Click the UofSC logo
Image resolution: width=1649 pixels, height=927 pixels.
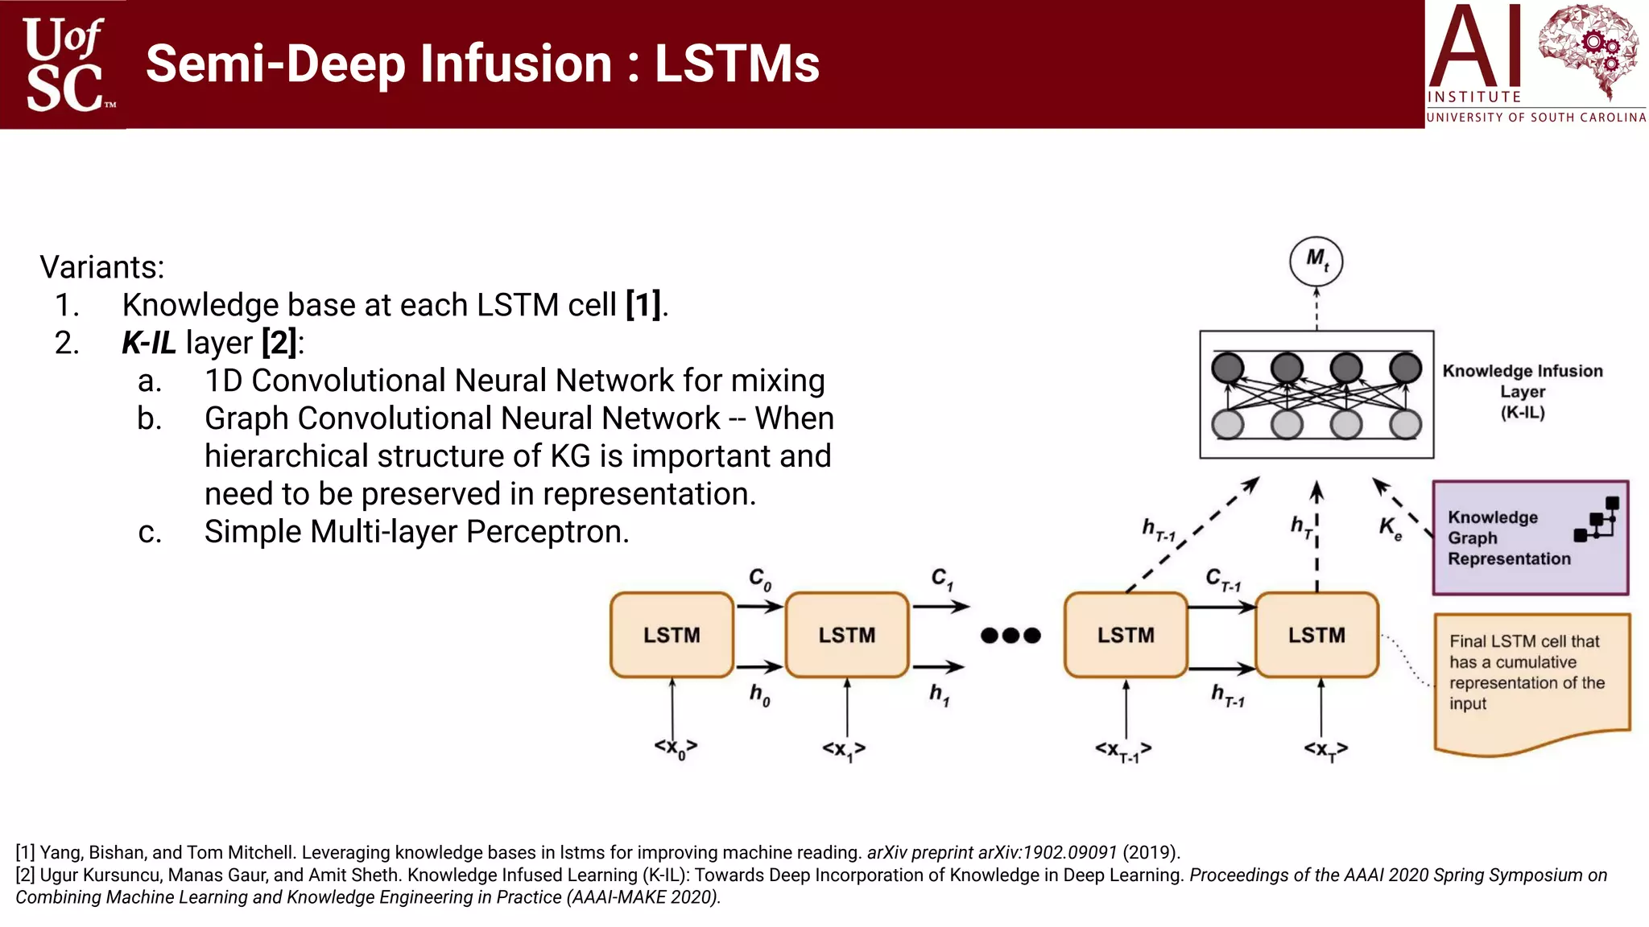[64, 64]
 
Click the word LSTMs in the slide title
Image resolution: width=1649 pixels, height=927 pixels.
[736, 64]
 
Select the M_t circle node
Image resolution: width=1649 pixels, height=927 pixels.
[1316, 261]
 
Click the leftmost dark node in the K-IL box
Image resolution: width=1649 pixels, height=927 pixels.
[1228, 368]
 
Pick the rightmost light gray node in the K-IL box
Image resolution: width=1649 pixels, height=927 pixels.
[1405, 424]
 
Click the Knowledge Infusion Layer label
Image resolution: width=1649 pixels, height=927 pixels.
[1522, 391]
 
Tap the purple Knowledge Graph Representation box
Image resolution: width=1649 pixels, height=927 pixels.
[1529, 538]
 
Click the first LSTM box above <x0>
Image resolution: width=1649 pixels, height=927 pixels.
[672, 635]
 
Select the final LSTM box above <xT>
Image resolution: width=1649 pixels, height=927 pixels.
[1316, 635]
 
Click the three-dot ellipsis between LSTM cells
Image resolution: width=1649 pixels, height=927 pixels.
[1010, 636]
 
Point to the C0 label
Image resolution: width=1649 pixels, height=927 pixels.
[759, 579]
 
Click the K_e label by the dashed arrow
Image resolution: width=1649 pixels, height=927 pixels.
[1390, 528]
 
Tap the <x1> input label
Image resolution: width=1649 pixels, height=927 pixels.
[843, 750]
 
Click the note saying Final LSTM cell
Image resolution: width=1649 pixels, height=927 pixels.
[1527, 673]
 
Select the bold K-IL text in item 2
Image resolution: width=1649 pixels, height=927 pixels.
[149, 343]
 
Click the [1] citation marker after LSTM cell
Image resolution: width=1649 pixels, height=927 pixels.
[644, 305]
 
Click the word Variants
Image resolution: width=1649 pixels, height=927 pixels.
[102, 267]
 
